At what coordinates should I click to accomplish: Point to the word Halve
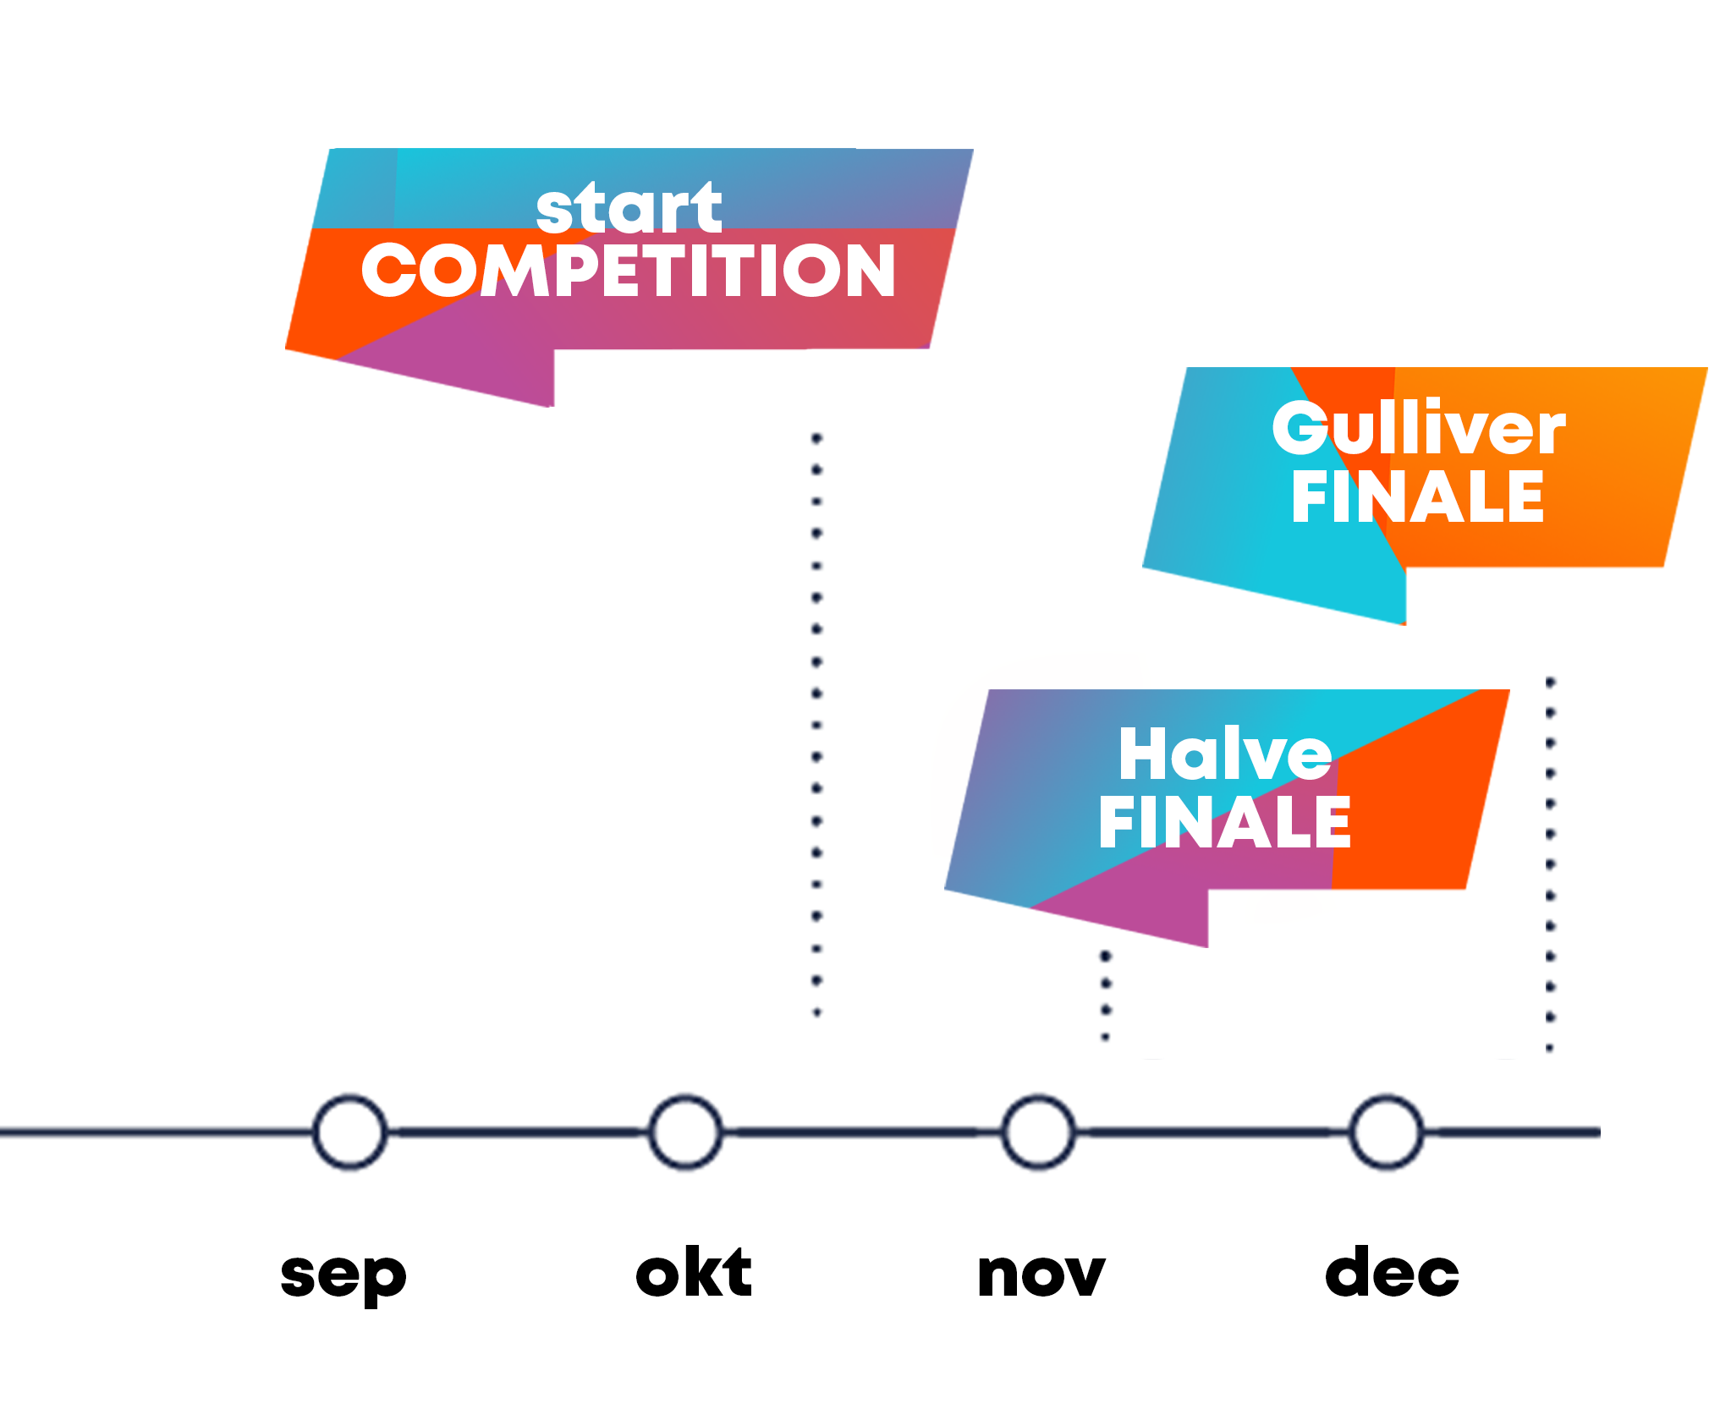[x=1226, y=755]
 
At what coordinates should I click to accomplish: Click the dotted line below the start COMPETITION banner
[x=817, y=726]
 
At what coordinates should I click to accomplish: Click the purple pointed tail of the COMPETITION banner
[x=474, y=372]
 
